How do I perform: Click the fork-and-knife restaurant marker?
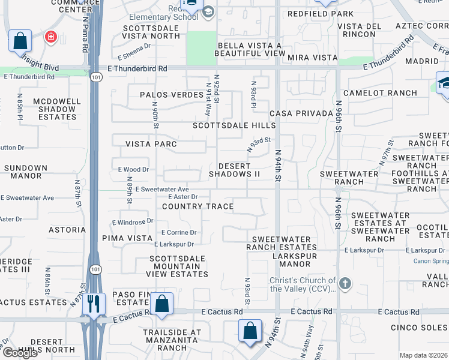pos(92,302)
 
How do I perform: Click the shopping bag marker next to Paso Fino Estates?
pos(161,302)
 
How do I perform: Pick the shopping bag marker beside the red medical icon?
pos(20,41)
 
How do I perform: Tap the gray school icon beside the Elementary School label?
pos(208,12)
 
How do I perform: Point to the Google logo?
pos(19,353)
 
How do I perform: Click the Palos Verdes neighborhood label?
pos(172,95)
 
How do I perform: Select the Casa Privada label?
pos(301,113)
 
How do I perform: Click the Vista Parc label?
pos(151,144)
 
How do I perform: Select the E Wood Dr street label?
pos(133,170)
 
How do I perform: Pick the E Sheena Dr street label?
pos(133,56)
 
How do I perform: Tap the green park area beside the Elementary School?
pos(200,48)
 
